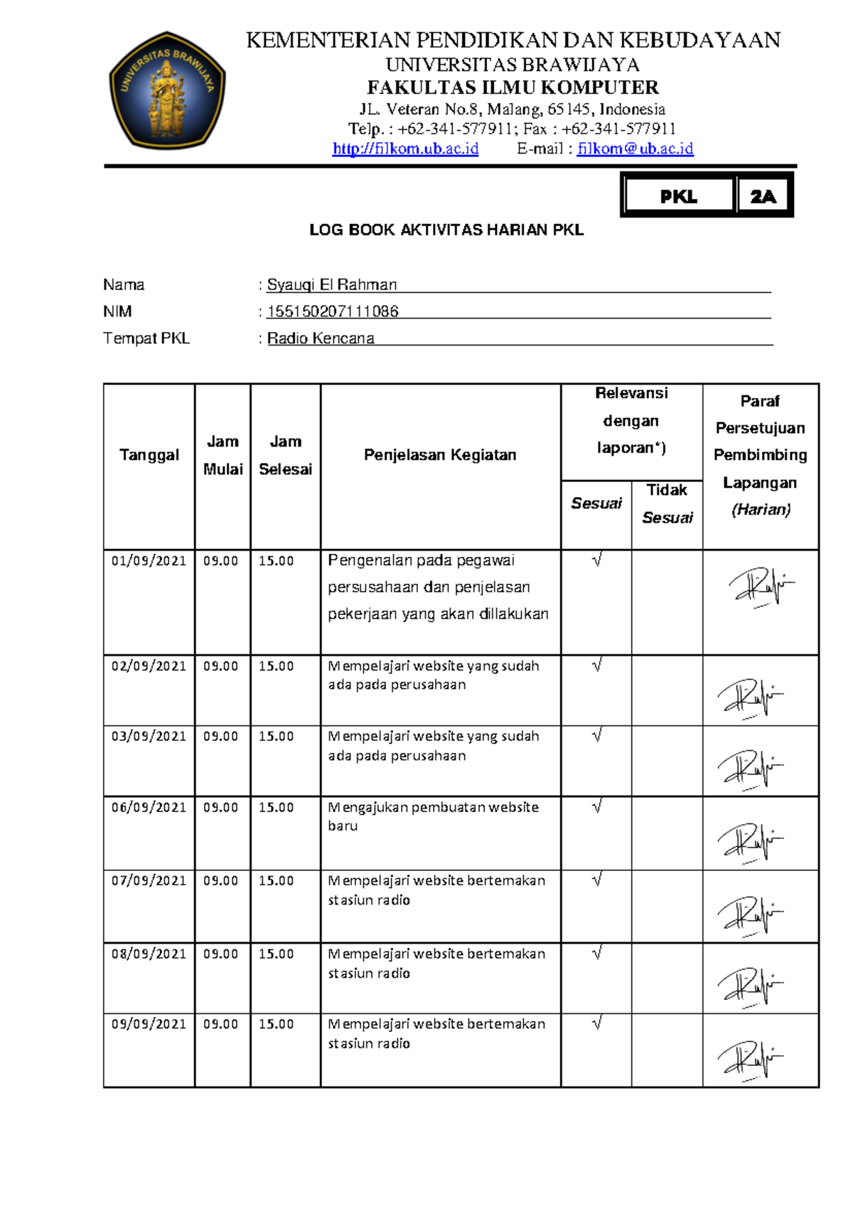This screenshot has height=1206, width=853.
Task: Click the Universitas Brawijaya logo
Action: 167,90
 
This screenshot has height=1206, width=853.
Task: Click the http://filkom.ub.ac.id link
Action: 405,149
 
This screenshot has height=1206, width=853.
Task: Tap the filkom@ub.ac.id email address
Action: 635,149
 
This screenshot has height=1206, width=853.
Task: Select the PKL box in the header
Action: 678,196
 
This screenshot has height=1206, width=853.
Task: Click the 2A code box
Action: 763,196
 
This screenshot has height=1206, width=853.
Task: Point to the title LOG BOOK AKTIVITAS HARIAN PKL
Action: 446,230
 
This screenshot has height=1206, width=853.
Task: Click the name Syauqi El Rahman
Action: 331,285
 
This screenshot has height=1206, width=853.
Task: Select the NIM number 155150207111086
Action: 333,311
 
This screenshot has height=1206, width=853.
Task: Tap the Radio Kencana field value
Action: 321,338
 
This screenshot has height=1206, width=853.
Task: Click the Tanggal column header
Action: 149,455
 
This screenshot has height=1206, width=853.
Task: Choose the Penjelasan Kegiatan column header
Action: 440,455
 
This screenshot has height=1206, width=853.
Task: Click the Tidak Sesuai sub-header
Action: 667,503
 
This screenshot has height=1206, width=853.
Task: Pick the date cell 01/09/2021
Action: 149,561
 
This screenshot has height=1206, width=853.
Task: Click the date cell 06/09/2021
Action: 149,808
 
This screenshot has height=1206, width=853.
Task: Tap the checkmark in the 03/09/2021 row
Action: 597,735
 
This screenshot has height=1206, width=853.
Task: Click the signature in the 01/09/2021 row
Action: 759,587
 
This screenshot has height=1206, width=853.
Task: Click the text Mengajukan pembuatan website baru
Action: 433,816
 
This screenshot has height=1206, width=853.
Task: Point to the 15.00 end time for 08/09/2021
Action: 276,954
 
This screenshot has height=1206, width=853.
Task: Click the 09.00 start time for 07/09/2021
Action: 220,881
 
